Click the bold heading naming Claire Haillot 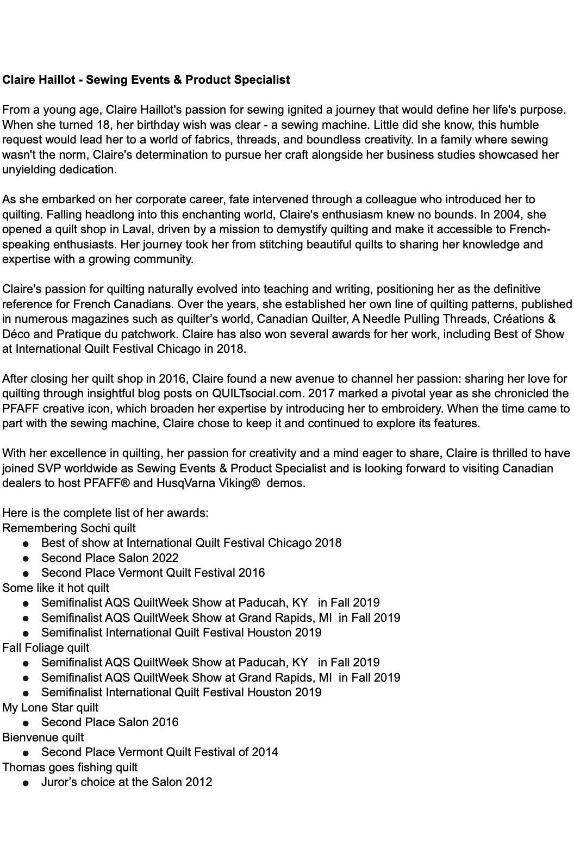point(146,80)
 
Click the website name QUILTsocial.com point(257,394)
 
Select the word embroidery point(481,409)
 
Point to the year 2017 point(322,394)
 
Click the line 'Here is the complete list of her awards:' point(105,513)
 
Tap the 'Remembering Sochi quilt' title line point(69,528)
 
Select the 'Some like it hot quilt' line point(55,588)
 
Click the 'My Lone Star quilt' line point(51,708)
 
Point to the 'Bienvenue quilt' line point(43,738)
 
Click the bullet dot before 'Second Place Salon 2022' point(26,559)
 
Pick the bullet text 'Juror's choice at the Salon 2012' point(127,782)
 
